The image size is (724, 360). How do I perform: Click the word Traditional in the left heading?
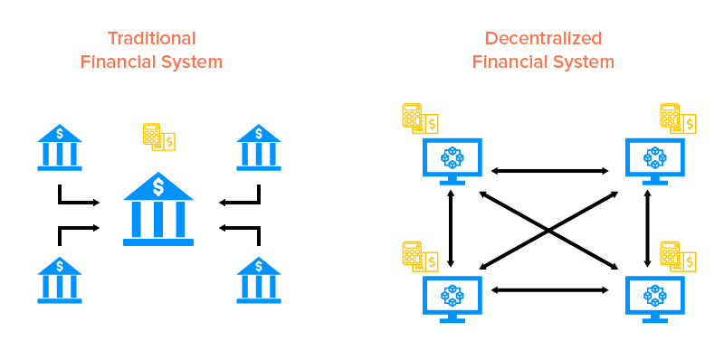coord(151,38)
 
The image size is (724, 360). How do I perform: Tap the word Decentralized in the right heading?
coord(544,38)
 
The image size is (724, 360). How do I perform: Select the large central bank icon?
coord(158,209)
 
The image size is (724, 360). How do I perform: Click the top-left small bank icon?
coord(60,147)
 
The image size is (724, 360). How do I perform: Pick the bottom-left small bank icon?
coord(60,280)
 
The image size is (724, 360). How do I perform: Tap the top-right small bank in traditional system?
coord(259,147)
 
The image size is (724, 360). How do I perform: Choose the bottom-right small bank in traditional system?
coord(259,280)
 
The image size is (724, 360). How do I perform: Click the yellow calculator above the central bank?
coord(159,137)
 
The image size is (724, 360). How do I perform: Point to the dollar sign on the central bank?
coord(158,187)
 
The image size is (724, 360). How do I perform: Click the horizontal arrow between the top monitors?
coord(549,171)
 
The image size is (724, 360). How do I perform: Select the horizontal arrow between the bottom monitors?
coord(549,289)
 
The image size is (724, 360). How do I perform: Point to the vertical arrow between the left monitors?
coord(451,228)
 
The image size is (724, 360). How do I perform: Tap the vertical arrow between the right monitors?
coord(647,228)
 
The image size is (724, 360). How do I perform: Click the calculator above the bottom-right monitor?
coord(678,256)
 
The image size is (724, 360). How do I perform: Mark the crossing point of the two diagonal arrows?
coord(548,231)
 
